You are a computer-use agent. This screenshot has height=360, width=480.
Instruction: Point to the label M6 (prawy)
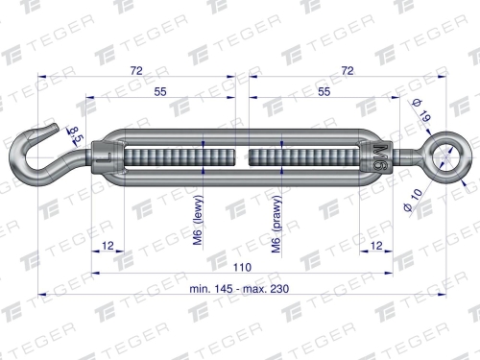point(276,230)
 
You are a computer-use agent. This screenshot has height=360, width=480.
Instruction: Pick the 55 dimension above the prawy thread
point(324,91)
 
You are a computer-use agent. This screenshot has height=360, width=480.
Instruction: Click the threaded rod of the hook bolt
point(173,156)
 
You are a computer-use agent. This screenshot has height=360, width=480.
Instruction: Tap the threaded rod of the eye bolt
point(307,156)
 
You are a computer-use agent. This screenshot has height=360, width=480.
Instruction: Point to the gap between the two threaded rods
point(242,156)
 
